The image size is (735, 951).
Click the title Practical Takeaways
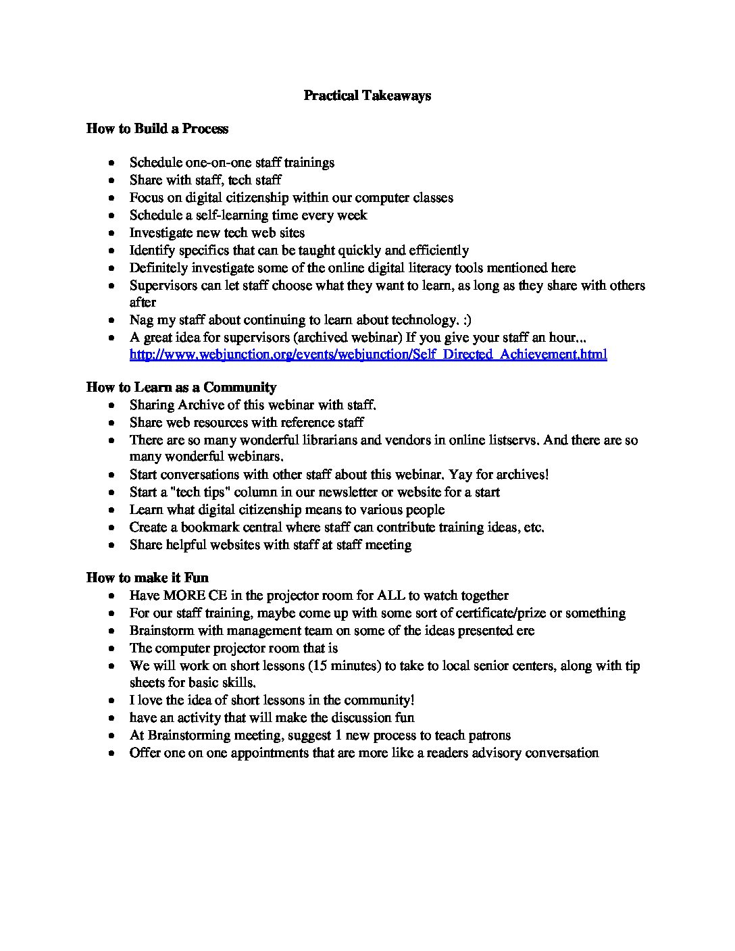pyautogui.click(x=367, y=95)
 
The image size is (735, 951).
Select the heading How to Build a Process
pyautogui.click(x=157, y=128)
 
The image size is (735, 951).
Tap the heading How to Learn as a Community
pyautogui.click(x=181, y=387)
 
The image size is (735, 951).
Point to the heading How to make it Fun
pyautogui.click(x=147, y=577)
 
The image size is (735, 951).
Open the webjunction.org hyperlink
pyautogui.click(x=368, y=354)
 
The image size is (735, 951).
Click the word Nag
pyautogui.click(x=141, y=320)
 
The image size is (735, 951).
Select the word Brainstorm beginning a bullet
pyautogui.click(x=162, y=631)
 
